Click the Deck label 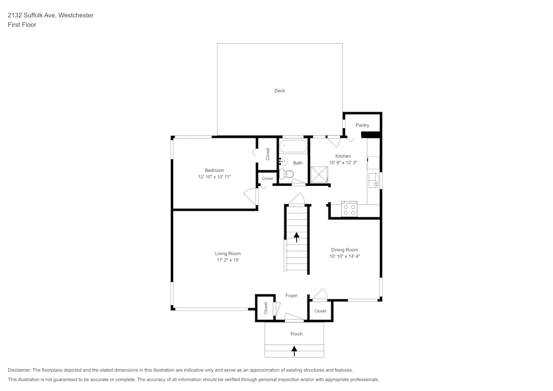click(x=280, y=91)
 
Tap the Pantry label click(x=362, y=125)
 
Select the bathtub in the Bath click(x=293, y=147)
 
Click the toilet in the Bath click(x=287, y=174)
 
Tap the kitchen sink click(x=373, y=180)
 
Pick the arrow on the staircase click(x=296, y=237)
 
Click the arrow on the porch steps click(x=294, y=351)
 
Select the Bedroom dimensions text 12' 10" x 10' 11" click(x=215, y=177)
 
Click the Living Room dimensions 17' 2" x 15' click(x=228, y=260)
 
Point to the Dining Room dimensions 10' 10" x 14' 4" click(x=345, y=256)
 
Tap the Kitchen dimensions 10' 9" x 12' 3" click(x=343, y=163)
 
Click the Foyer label click(x=291, y=295)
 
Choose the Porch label click(x=296, y=334)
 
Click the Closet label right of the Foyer click(x=320, y=311)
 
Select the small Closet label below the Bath click(x=267, y=179)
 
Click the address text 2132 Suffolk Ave click(x=32, y=15)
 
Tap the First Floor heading click(x=22, y=25)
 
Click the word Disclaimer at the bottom click(x=19, y=370)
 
